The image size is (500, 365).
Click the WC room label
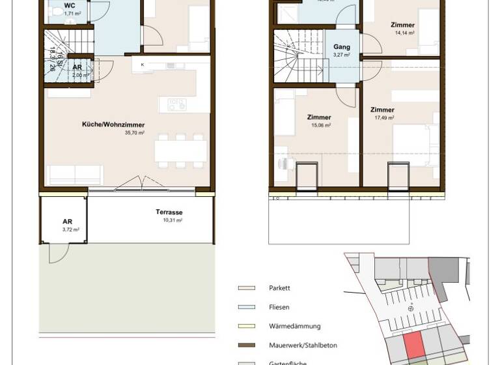pyautogui.click(x=69, y=6)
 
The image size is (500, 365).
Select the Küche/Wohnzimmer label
pyautogui.click(x=113, y=124)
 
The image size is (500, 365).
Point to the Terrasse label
pyautogui.click(x=169, y=212)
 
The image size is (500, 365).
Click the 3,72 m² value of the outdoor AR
pyautogui.click(x=70, y=229)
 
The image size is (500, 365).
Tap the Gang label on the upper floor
pyautogui.click(x=342, y=48)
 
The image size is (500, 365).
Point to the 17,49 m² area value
pyautogui.click(x=384, y=118)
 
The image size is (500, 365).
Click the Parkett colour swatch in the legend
pyautogui.click(x=247, y=288)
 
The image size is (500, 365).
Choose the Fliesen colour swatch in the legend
pyautogui.click(x=247, y=307)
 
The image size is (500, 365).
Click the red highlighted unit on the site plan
pyautogui.click(x=412, y=344)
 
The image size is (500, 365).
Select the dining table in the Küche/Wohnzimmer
pyautogui.click(x=180, y=151)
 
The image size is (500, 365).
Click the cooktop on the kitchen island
pyautogui.click(x=176, y=104)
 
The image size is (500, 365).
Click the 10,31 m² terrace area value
pyautogui.click(x=173, y=220)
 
